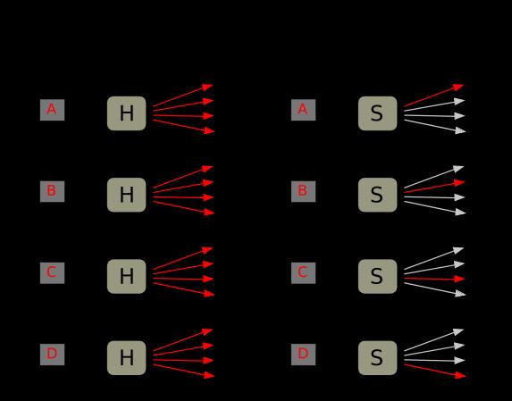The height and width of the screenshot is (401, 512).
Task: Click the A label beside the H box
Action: [52, 110]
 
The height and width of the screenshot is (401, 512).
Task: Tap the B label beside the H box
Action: [52, 191]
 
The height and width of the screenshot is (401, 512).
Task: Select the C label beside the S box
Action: [303, 273]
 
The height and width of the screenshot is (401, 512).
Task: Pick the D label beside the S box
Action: [303, 355]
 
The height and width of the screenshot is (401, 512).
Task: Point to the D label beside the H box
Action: [52, 355]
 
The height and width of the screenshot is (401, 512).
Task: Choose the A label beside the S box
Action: [303, 110]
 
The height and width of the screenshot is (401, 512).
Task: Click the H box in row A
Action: [126, 113]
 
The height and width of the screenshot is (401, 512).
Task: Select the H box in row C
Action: [126, 276]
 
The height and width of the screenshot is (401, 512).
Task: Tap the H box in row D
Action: [126, 358]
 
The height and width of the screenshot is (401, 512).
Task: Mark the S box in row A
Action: [377, 113]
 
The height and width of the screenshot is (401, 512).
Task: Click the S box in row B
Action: [377, 195]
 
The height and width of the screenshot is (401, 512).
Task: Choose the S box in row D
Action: [377, 358]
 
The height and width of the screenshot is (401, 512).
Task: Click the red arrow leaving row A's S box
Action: [433, 96]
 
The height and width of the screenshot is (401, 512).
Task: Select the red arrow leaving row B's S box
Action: [434, 188]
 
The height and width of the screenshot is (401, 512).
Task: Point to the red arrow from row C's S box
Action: [434, 279]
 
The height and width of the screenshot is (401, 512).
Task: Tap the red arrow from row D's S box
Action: [434, 371]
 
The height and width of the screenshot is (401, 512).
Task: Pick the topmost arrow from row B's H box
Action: [183, 177]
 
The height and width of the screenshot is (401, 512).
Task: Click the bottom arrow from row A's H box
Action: [183, 126]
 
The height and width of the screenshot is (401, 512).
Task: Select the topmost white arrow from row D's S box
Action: [433, 340]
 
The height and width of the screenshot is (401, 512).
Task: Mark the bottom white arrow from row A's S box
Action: [434, 126]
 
